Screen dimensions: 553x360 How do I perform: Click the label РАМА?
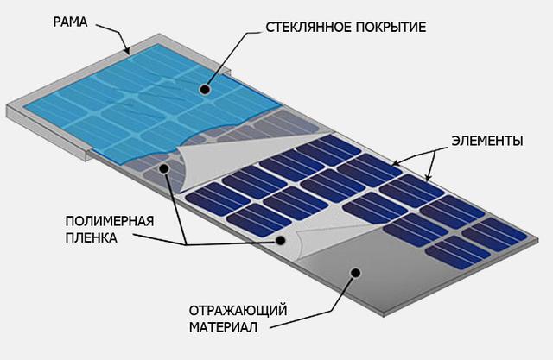pyautogui.click(x=70, y=22)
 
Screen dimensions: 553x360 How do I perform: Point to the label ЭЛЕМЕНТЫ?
pyautogui.click(x=487, y=141)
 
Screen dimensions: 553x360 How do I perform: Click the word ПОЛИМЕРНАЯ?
pyautogui.click(x=110, y=221)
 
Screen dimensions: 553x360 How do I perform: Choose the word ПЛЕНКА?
pyautogui.click(x=91, y=237)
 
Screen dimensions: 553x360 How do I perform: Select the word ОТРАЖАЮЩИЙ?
pyautogui.click(x=238, y=311)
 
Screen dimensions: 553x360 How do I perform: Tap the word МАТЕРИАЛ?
pyautogui.click(x=223, y=327)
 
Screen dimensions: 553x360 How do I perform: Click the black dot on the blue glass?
pyautogui.click(x=205, y=90)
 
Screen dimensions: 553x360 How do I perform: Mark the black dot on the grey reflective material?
pyautogui.click(x=356, y=272)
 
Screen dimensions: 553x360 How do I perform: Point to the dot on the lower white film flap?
pyautogui.click(x=280, y=241)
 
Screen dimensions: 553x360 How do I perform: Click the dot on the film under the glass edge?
pyautogui.click(x=164, y=169)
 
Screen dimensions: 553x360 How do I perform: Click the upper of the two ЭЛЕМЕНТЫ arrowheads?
pyautogui.click(x=396, y=164)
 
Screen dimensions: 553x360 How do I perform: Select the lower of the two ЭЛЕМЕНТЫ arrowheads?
pyautogui.click(x=428, y=178)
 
